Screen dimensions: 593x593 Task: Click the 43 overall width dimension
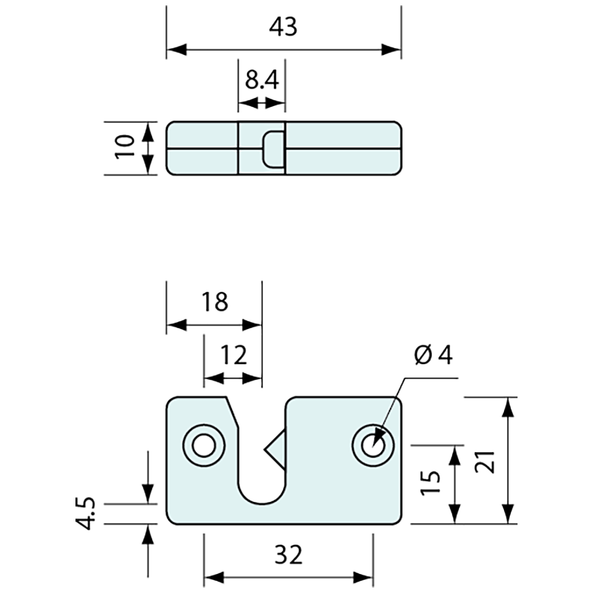tap(284, 27)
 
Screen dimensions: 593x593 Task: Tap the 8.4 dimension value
tap(261, 80)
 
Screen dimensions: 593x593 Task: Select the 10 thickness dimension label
tap(125, 147)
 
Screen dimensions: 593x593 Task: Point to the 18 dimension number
tap(215, 302)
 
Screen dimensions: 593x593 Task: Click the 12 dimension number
tap(233, 355)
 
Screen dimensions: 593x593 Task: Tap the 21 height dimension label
tap(486, 461)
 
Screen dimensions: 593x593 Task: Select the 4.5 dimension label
tap(86, 513)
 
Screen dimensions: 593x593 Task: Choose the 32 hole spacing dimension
tap(288, 555)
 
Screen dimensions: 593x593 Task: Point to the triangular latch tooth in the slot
tap(275, 445)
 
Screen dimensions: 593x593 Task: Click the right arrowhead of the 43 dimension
tap(391, 50)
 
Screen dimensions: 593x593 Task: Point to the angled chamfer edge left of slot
tap(231, 412)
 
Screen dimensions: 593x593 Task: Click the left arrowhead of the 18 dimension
tap(176, 325)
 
